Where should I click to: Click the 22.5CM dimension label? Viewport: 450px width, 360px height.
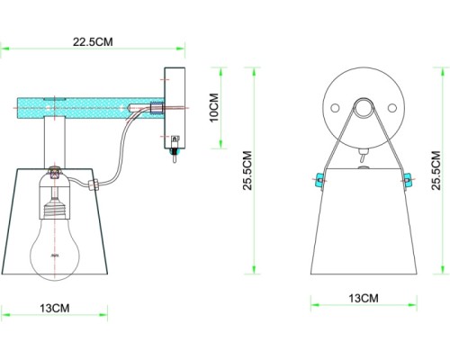[x=94, y=40]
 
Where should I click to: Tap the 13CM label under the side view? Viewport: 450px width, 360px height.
[x=54, y=308]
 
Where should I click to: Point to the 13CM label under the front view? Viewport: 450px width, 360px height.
[x=362, y=298]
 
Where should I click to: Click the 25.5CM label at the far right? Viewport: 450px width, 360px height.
[x=436, y=171]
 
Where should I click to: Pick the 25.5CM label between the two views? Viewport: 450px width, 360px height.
[x=245, y=171]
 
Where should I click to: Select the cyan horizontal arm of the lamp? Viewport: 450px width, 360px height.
[x=90, y=107]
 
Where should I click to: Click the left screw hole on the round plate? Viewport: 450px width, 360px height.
[x=335, y=107]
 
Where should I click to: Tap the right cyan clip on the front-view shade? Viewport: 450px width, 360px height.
[x=406, y=179]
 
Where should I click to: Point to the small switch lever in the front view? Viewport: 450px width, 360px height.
[x=363, y=157]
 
